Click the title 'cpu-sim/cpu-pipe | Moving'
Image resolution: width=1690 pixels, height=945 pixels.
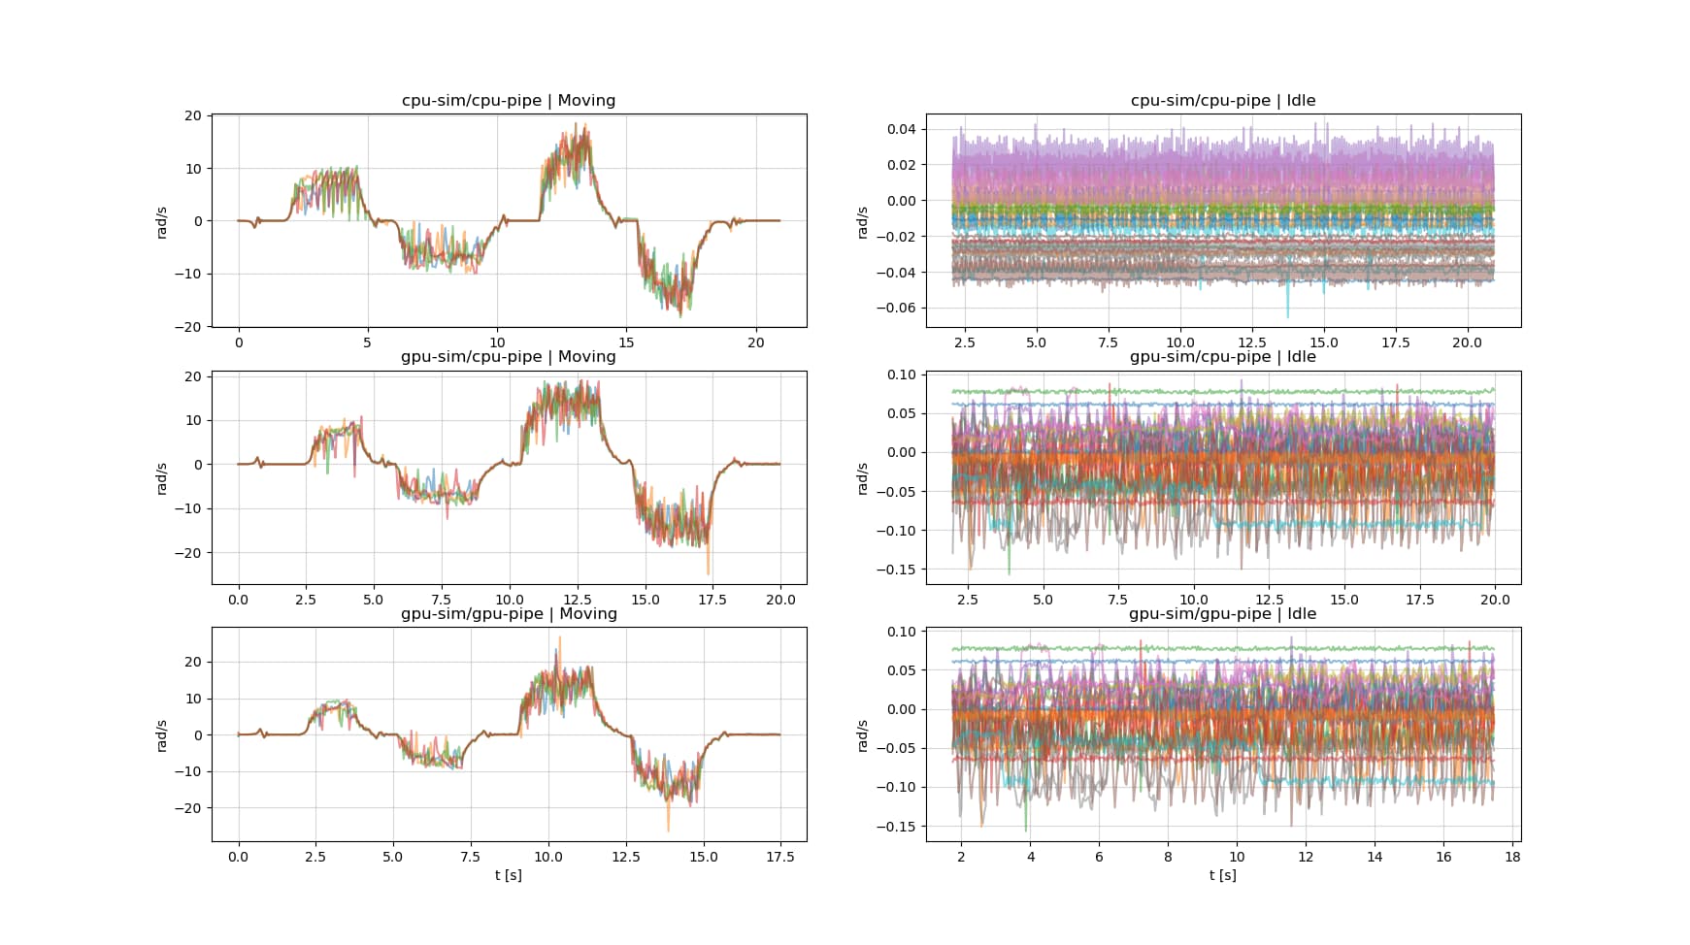point(508,101)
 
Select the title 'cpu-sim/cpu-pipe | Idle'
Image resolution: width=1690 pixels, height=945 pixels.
point(1223,101)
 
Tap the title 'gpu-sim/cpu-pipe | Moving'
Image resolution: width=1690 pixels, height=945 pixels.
point(508,357)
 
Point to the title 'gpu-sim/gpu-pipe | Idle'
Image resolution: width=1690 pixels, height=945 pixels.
point(1222,614)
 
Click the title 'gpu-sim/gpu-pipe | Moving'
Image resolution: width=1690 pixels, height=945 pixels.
point(508,614)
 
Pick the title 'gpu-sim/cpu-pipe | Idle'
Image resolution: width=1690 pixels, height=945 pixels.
point(1222,357)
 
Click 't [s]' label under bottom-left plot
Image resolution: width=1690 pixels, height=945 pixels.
point(508,875)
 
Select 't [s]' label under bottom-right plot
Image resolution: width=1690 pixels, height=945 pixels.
point(1222,875)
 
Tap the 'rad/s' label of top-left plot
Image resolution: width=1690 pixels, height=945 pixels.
point(162,221)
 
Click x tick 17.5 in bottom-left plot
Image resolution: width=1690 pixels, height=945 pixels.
point(780,857)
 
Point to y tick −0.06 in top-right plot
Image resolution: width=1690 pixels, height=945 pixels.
point(900,308)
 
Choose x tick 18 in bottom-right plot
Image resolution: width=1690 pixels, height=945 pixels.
point(1512,857)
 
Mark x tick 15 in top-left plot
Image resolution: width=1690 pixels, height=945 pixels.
point(626,342)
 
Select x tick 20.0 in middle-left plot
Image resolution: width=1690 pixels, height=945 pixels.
point(780,600)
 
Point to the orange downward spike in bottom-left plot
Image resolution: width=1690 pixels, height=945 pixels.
point(668,828)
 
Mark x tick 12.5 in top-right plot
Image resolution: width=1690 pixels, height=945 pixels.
point(1251,342)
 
